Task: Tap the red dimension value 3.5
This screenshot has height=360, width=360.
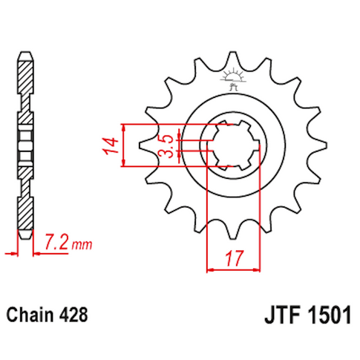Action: (168, 143)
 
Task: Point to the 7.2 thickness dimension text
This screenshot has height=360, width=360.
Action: (57, 242)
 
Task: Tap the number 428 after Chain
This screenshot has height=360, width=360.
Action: (75, 314)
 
